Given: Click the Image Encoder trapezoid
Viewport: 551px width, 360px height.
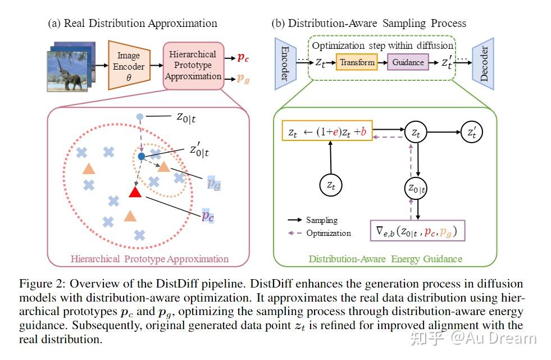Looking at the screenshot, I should tap(128, 65).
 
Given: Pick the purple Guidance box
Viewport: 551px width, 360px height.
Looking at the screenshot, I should tap(407, 62).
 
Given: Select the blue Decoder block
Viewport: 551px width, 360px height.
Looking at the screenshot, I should tap(483, 63).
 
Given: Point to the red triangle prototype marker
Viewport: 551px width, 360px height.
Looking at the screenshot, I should tap(135, 192).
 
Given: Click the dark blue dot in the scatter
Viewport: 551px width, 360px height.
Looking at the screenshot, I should tap(142, 156).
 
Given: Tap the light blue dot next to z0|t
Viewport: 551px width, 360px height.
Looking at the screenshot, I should tap(140, 117).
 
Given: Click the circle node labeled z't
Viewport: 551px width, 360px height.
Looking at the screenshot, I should tap(470, 133).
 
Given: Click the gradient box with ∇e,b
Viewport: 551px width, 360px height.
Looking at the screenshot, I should tap(417, 230).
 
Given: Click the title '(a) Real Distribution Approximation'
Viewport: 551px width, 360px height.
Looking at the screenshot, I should tap(133, 24).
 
